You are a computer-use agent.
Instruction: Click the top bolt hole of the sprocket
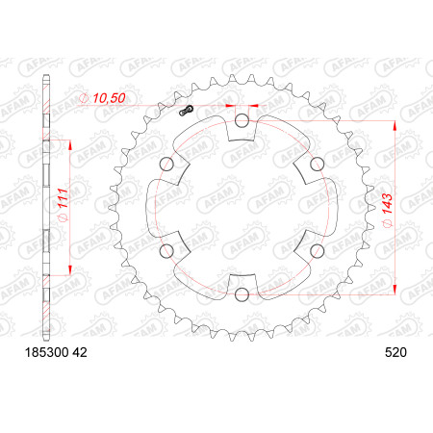tap(242, 121)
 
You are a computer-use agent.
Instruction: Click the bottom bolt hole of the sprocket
tap(242, 294)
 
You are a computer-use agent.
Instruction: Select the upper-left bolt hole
tap(166, 165)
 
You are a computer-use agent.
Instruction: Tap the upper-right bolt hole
tap(318, 165)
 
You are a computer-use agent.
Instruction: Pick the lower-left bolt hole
tap(166, 251)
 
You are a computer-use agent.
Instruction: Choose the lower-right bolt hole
tap(318, 251)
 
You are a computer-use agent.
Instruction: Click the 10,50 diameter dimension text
tap(109, 98)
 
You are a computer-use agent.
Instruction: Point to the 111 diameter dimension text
tap(63, 198)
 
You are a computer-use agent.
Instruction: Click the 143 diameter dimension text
tap(387, 204)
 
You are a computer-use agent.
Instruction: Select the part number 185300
tap(47, 352)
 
